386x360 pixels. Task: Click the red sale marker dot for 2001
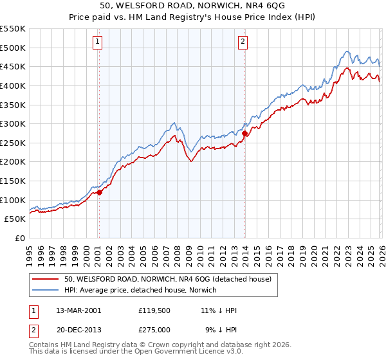(x=99, y=192)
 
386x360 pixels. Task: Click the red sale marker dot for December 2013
(x=245, y=133)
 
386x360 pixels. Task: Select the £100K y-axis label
(x=14, y=200)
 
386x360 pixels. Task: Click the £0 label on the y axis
(x=19, y=238)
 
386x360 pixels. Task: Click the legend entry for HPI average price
(x=141, y=290)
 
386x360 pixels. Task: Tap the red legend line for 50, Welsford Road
(x=46, y=279)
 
